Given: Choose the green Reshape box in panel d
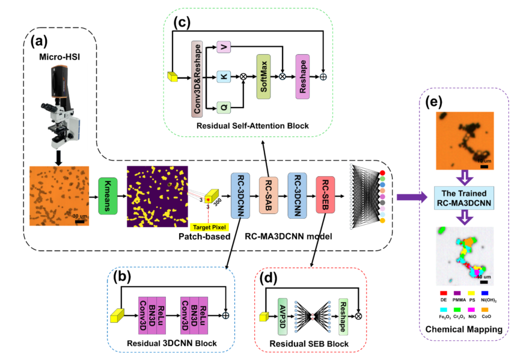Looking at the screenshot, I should [x=343, y=316].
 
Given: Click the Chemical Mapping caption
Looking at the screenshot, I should [x=463, y=329].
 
